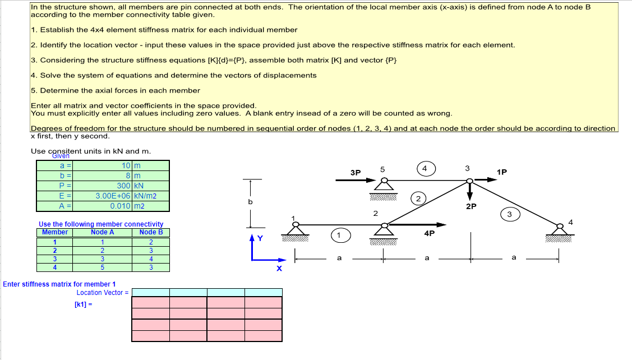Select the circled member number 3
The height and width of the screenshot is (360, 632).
(x=509, y=214)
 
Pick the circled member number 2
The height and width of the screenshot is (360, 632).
(x=418, y=197)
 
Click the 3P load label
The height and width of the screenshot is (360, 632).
(x=356, y=173)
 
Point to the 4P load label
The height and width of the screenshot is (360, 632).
(x=430, y=233)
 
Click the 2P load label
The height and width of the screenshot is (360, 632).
(x=471, y=206)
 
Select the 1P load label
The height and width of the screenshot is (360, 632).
(x=502, y=172)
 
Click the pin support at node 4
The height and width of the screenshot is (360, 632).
(x=559, y=230)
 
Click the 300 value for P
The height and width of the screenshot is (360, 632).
(x=123, y=186)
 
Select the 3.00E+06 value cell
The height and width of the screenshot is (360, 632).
(x=113, y=196)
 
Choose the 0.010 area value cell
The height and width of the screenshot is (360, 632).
(x=120, y=206)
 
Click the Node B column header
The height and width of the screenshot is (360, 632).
(x=151, y=232)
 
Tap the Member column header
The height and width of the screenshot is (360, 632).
(x=55, y=232)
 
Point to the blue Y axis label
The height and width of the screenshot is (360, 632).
(x=259, y=238)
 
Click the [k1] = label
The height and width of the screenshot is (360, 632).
(x=82, y=304)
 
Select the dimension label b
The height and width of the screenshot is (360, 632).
(x=251, y=202)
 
